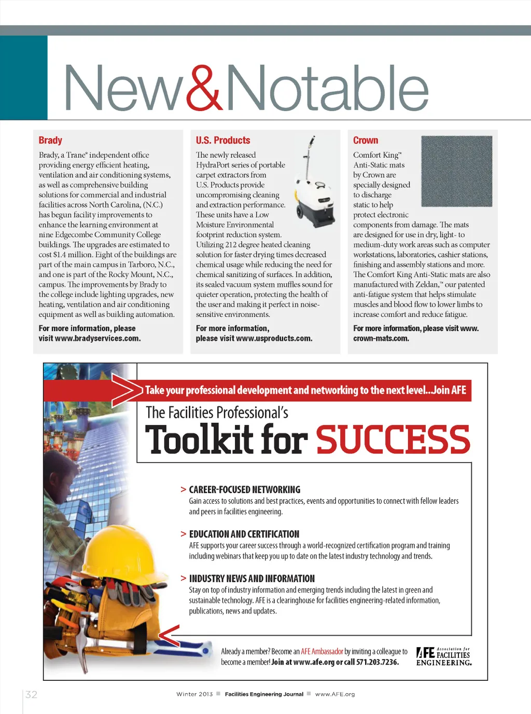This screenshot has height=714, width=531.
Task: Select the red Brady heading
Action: (50, 140)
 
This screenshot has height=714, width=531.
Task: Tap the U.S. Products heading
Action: (223, 140)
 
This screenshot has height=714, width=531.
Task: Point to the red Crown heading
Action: (366, 140)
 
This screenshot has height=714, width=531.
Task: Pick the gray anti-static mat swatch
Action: (456, 171)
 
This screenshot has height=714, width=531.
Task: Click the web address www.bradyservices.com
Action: (97, 338)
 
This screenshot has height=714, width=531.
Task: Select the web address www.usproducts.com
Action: (274, 338)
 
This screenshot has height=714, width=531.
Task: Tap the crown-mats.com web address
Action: (381, 338)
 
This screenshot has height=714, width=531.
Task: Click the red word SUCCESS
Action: (393, 440)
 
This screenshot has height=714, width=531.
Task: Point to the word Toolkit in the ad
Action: (199, 440)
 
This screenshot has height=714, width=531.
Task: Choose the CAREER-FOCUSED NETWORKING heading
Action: (244, 489)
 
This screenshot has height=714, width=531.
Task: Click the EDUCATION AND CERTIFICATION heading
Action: (244, 534)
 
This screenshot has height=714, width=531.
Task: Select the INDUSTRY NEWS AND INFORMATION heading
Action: (251, 579)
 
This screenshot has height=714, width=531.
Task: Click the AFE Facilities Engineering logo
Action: (444, 656)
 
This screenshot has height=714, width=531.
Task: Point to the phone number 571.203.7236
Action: (378, 662)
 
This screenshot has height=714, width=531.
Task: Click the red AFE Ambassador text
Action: (322, 651)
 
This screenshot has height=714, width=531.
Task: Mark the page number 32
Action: (31, 694)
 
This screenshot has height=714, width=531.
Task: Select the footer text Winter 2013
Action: (194, 694)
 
